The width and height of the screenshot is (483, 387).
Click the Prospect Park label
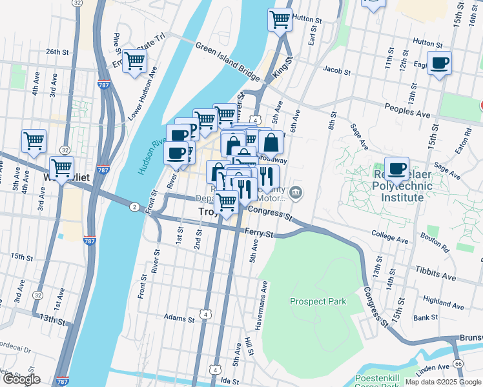(318, 301)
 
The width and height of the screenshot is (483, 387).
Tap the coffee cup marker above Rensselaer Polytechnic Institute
(396, 169)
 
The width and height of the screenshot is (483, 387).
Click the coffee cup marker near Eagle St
(439, 63)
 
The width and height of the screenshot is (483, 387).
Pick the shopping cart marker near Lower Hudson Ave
(134, 61)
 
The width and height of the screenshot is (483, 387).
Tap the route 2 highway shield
(134, 206)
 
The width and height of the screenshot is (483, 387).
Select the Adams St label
(179, 318)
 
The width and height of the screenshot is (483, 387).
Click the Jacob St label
(336, 70)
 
